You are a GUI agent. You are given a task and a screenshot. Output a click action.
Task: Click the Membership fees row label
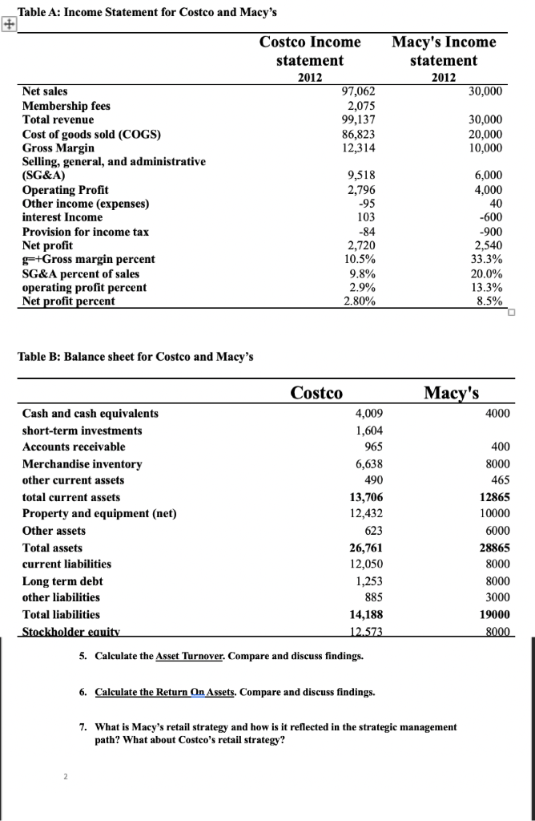coord(66,106)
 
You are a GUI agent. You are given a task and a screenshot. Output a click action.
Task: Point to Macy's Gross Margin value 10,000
coord(486,148)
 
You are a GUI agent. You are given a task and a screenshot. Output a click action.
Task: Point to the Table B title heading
coord(135,356)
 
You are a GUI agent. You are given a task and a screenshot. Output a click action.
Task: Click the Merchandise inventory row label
coord(82,464)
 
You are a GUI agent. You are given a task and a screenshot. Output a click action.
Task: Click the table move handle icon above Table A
coord(8,25)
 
